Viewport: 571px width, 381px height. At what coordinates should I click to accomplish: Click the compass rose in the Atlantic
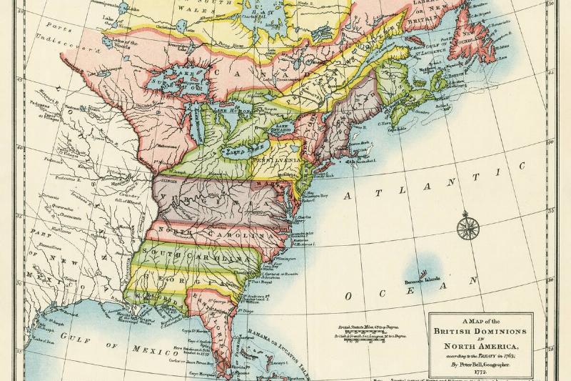pyautogui.click(x=468, y=228)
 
